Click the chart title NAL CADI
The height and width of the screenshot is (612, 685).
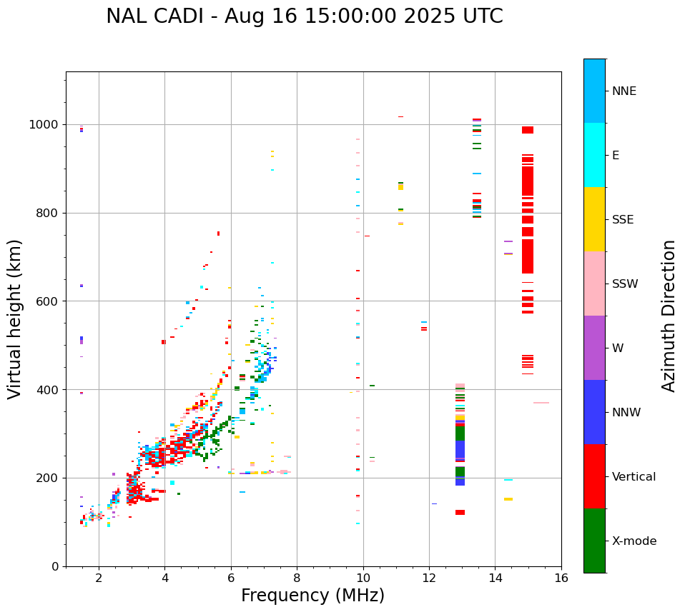click(304, 16)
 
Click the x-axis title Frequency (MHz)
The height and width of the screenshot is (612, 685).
click(312, 596)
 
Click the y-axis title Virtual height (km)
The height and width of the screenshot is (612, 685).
click(15, 318)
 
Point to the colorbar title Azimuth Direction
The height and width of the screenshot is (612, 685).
click(669, 315)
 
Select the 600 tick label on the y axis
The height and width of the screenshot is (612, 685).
click(49, 301)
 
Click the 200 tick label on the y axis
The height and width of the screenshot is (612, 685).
click(49, 478)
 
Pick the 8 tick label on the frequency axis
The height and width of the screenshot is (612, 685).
click(297, 578)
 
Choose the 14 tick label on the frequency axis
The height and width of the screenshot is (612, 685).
click(495, 578)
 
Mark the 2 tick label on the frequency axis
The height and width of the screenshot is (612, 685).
click(99, 578)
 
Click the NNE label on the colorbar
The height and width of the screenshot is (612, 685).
click(624, 91)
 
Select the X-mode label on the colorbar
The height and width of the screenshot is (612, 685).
click(634, 541)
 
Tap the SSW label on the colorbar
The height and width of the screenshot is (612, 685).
click(625, 284)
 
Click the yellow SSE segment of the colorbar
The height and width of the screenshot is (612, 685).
click(594, 219)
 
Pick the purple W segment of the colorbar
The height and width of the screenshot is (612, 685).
click(594, 347)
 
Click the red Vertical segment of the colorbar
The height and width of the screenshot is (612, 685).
click(594, 476)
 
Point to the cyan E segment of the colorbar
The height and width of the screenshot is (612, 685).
click(594, 154)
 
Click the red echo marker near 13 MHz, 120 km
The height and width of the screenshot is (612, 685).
click(460, 512)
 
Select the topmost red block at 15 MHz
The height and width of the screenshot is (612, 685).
click(528, 130)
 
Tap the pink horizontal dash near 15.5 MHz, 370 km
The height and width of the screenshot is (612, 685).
click(541, 403)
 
